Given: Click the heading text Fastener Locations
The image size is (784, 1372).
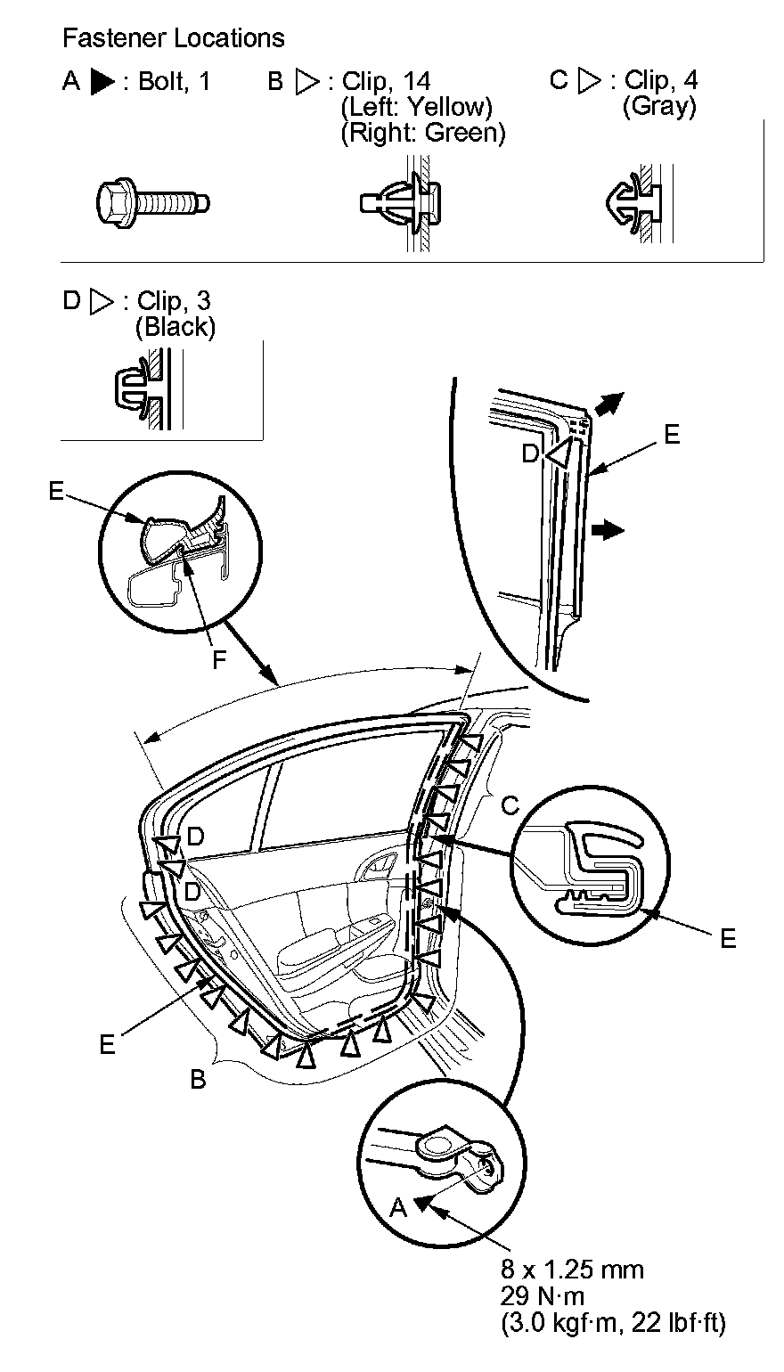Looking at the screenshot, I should [174, 38].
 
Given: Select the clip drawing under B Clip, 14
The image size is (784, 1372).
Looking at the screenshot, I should [401, 204].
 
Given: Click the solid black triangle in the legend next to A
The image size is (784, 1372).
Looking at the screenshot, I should [103, 83].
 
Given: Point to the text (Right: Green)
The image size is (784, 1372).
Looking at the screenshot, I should [423, 133].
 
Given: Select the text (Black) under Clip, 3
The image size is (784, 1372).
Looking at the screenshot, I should [176, 327].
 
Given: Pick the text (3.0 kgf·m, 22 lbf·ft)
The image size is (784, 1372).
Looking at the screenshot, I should [614, 1322].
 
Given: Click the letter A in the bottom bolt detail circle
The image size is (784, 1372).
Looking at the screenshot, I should [398, 1206].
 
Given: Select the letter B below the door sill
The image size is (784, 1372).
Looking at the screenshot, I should [198, 1079].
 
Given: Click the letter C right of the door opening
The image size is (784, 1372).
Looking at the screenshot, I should [510, 805].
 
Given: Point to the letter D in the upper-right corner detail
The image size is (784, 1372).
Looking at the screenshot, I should [530, 453].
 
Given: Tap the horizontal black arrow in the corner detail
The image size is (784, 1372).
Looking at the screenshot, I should [608, 529].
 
